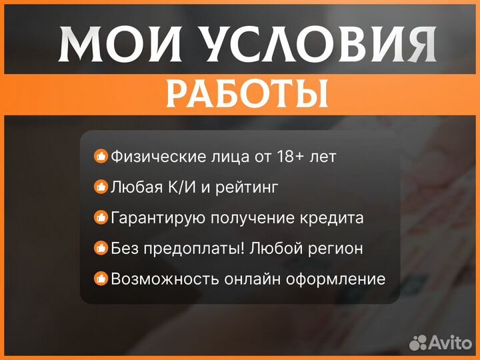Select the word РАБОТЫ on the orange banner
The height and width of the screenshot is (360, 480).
pos(247,94)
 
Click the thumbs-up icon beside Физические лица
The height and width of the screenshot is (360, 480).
pos(101,157)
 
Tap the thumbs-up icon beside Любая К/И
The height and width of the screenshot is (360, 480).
pos(101,187)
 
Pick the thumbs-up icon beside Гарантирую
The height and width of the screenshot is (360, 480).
pos(101,218)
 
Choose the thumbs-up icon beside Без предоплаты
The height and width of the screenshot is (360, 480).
pos(101,249)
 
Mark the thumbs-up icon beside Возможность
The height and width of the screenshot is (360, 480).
pos(101,279)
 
